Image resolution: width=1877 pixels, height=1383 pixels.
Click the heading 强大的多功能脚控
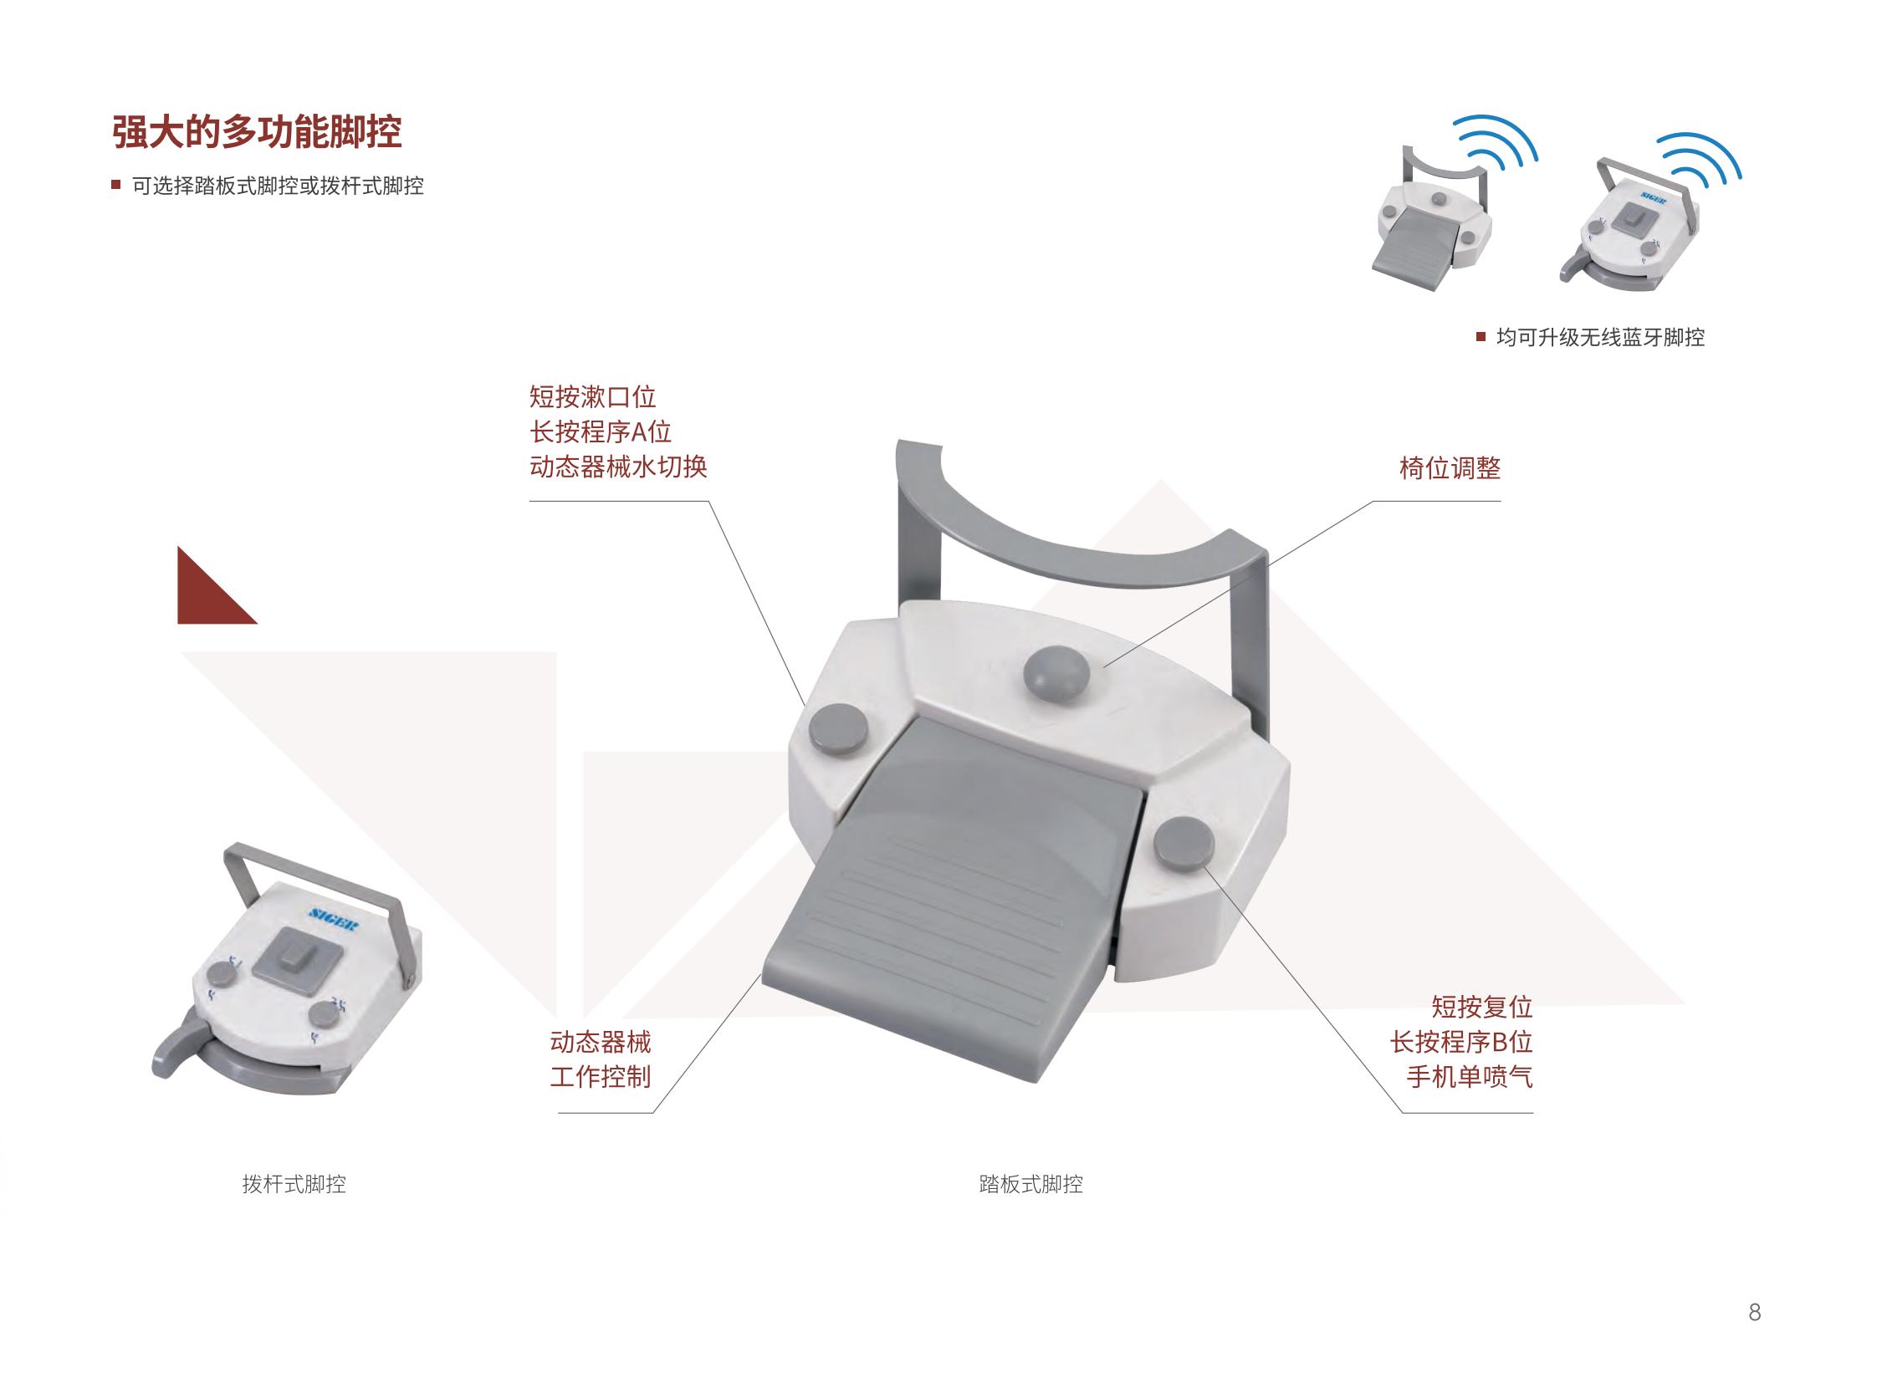point(257,132)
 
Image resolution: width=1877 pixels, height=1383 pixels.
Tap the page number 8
point(1754,1311)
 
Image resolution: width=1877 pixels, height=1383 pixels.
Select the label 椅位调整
point(1449,468)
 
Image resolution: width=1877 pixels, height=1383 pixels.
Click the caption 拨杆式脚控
point(294,1184)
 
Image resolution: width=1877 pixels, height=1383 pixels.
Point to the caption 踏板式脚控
point(1031,1184)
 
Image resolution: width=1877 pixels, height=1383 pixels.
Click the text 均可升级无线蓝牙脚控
point(1600,337)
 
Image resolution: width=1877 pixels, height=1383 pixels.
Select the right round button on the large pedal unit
point(1184,844)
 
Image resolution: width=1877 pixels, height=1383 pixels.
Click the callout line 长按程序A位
point(600,432)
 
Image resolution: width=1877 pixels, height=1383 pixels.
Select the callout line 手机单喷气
point(1469,1077)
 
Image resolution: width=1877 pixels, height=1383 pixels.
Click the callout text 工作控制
point(600,1077)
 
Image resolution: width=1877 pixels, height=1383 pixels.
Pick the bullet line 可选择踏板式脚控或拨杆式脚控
point(277,186)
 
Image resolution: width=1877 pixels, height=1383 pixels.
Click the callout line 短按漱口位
point(592,397)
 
